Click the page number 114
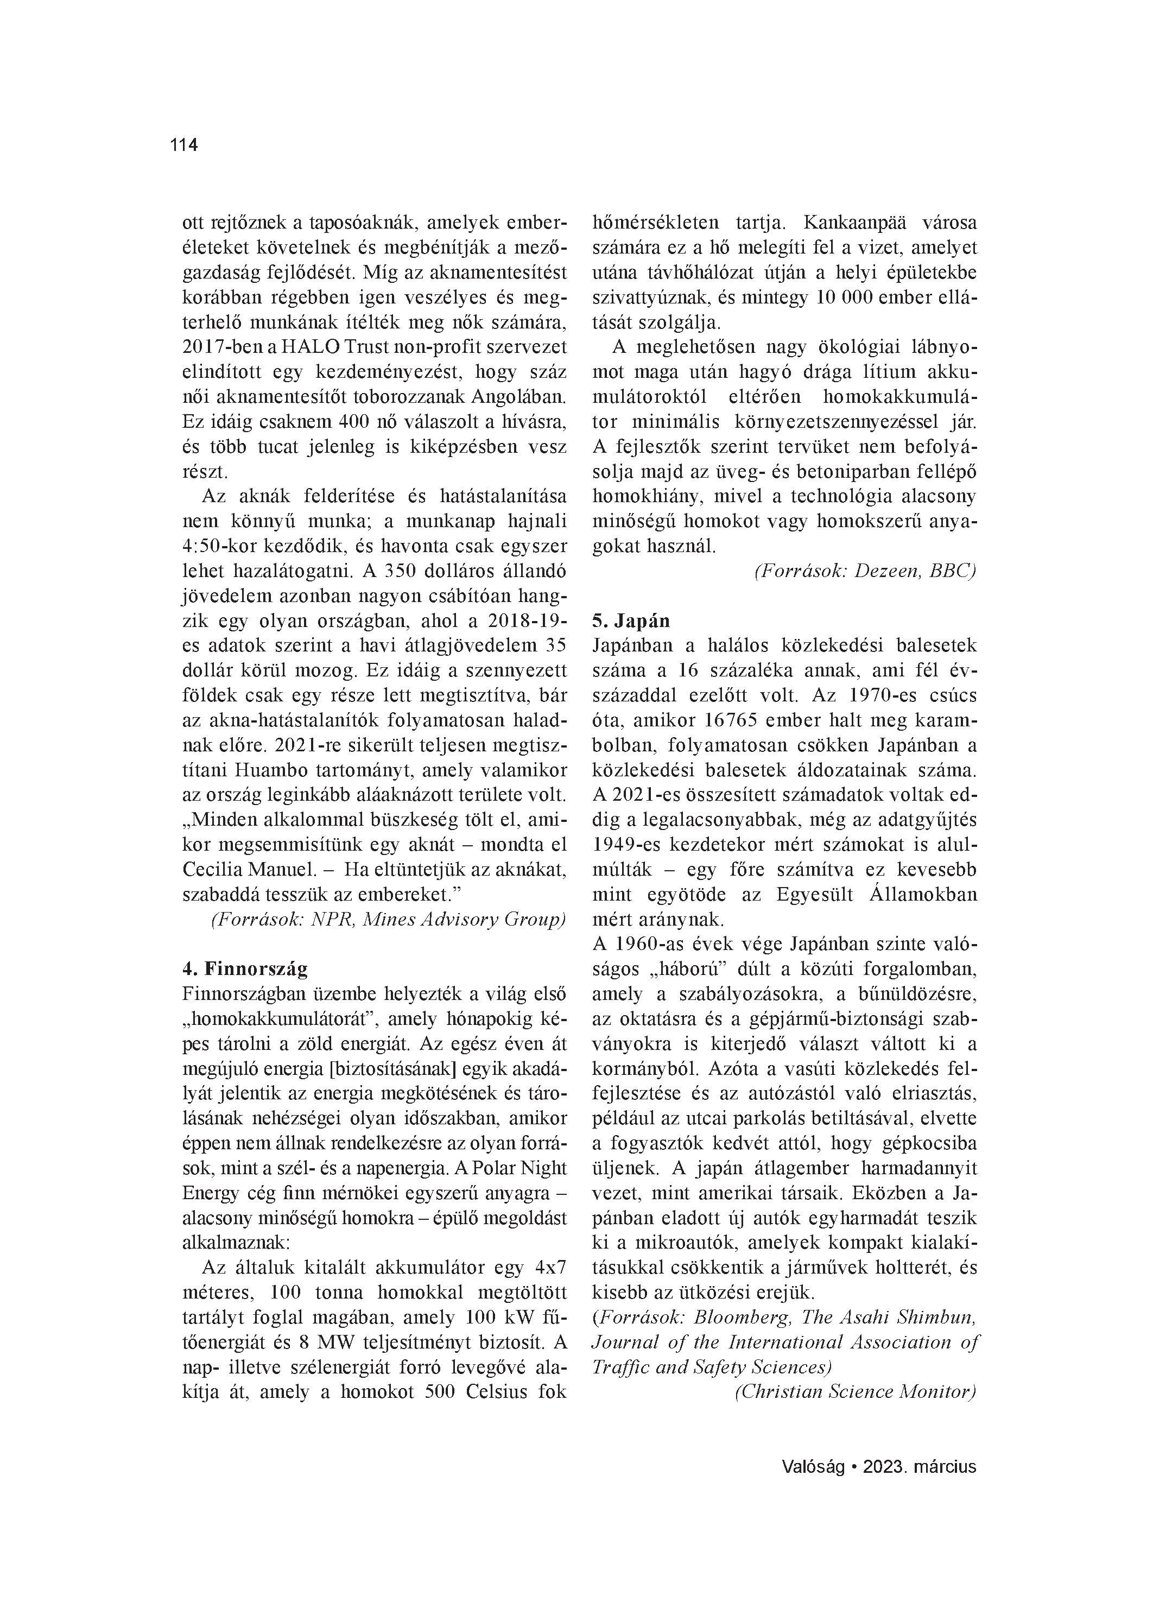coord(183,145)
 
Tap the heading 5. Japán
coord(631,621)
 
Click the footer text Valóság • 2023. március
coord(878,1466)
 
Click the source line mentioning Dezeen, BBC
coord(865,572)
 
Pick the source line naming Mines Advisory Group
coord(388,919)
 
